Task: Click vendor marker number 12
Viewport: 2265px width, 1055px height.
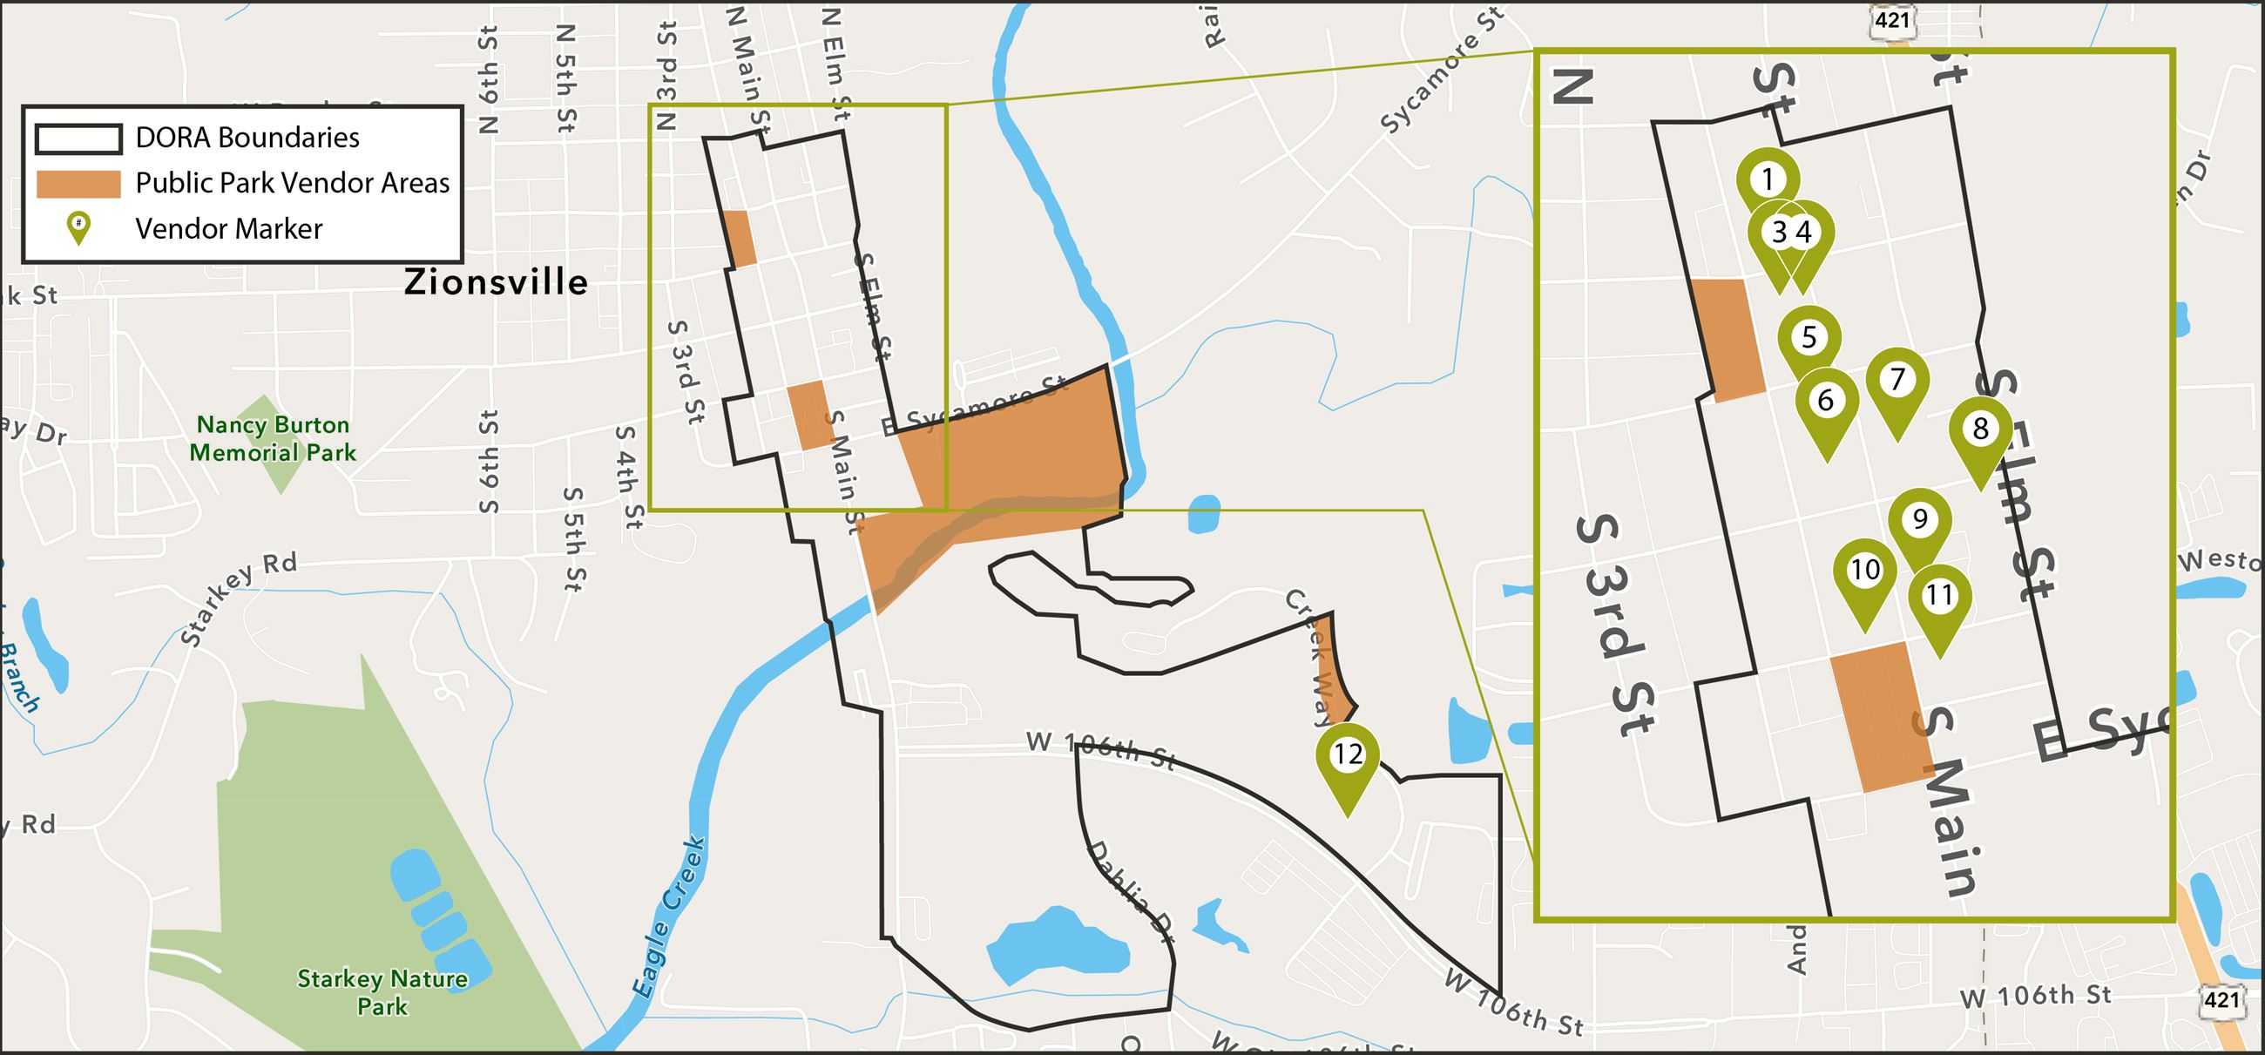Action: pyautogui.click(x=1347, y=755)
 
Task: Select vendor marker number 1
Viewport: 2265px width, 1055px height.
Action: pyautogui.click(x=1768, y=180)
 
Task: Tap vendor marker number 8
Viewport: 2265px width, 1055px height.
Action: pyautogui.click(x=1980, y=429)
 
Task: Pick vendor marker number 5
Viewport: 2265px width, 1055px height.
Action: pyautogui.click(x=1809, y=338)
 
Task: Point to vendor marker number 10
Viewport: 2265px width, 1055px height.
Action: pyautogui.click(x=1865, y=571)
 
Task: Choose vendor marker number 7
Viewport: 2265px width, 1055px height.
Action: pyautogui.click(x=1897, y=380)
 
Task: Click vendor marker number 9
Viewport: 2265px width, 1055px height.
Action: pyautogui.click(x=1919, y=519)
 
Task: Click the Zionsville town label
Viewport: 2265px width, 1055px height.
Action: pyautogui.click(x=496, y=282)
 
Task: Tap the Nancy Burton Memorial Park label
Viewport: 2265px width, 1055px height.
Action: pyautogui.click(x=273, y=439)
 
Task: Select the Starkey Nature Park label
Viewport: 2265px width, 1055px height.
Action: pyautogui.click(x=382, y=991)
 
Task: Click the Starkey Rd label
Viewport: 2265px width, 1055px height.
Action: pyautogui.click(x=239, y=599)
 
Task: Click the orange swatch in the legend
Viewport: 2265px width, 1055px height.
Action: pyautogui.click(x=78, y=184)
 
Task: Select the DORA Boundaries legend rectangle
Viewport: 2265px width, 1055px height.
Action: pyautogui.click(x=78, y=139)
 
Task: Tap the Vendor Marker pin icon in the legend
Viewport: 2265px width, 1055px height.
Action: pyautogui.click(x=78, y=227)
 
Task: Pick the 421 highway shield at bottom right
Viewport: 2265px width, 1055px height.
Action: pyautogui.click(x=2221, y=999)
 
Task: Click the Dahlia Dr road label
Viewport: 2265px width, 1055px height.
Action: pyautogui.click(x=1132, y=890)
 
